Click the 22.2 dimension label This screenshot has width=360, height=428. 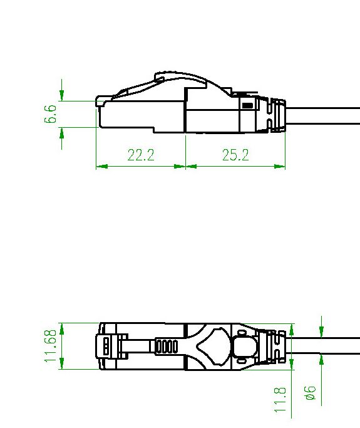click(x=141, y=155)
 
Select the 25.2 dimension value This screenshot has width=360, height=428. click(x=235, y=155)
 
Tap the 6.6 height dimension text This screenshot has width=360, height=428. click(x=51, y=114)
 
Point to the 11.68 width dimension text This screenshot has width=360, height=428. click(x=51, y=346)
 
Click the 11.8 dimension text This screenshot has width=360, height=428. click(x=280, y=399)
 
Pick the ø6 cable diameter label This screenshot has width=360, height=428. click(x=311, y=393)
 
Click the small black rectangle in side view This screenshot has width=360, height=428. click(x=247, y=105)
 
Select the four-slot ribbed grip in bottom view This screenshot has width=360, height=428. click(x=167, y=347)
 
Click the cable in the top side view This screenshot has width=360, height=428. click(x=322, y=116)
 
